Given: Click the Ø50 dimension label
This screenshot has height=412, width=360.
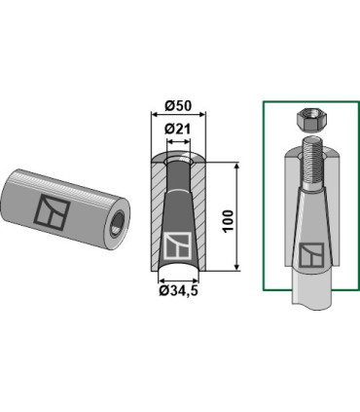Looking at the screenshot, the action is click(x=178, y=106).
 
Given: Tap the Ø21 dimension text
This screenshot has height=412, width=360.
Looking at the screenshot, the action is click(x=177, y=130).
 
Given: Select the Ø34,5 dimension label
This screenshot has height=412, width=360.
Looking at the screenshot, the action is click(x=178, y=290).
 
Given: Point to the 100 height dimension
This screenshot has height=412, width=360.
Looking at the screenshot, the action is click(x=229, y=221).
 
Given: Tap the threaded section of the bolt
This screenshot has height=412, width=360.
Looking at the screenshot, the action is click(x=311, y=165).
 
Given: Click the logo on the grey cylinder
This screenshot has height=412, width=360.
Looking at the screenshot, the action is click(x=52, y=211).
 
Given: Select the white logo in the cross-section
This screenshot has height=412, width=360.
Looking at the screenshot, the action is click(x=178, y=245).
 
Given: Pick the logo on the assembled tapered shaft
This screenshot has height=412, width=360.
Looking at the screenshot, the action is click(x=311, y=255).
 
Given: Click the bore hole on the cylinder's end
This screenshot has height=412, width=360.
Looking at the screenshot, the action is click(x=116, y=223).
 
